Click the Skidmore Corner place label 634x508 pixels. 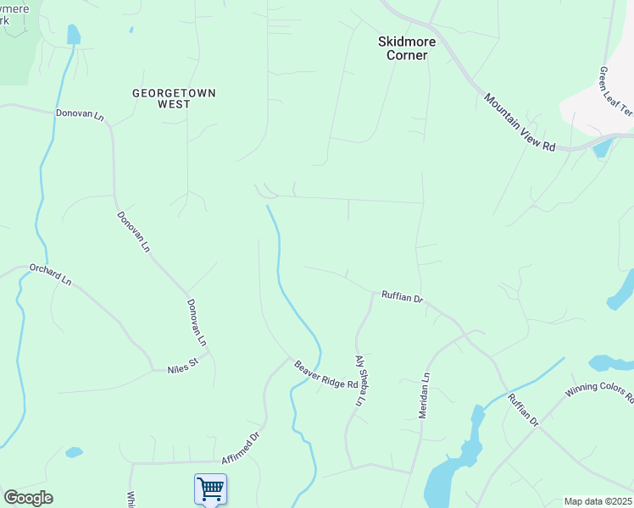[403, 47]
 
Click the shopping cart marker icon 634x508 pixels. [210, 489]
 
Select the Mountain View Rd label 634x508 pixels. [520, 123]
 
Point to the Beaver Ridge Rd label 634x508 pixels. [326, 375]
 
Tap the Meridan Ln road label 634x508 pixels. [425, 395]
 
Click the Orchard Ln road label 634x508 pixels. [51, 274]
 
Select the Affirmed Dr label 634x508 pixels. [240, 449]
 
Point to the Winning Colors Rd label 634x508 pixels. [600, 396]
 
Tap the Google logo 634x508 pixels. [28, 498]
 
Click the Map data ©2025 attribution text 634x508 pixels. [598, 501]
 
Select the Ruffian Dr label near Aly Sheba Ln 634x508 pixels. [402, 296]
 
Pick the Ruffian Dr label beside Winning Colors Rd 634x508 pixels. [523, 409]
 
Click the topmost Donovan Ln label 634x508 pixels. [80, 113]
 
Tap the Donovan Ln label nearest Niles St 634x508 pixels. [197, 323]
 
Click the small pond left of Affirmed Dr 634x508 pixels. [74, 452]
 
